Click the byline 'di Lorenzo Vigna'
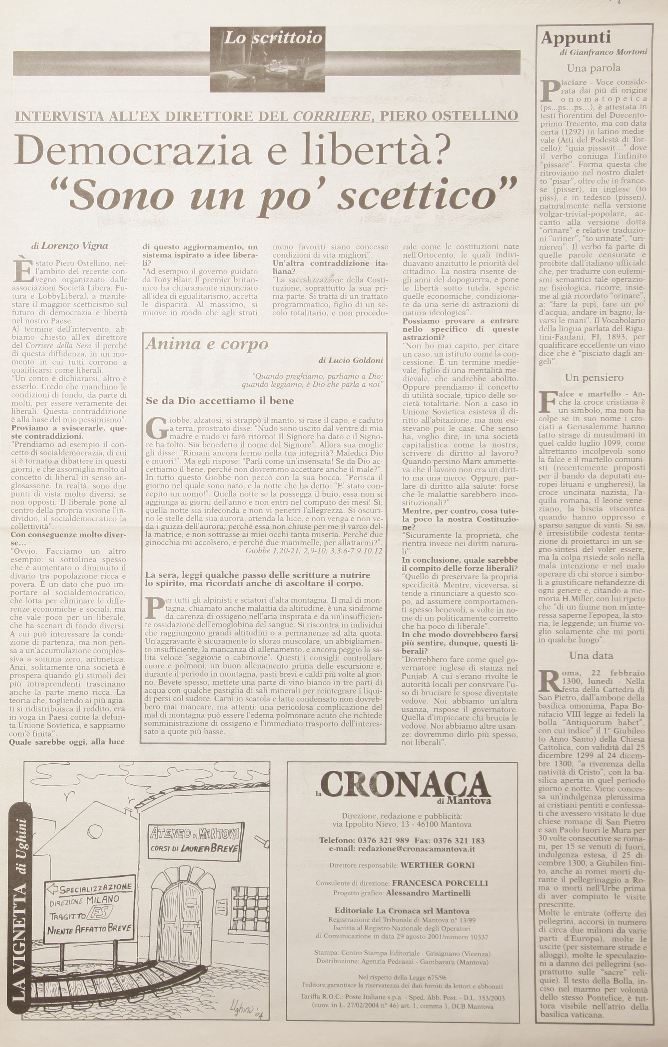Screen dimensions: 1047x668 pos(70,246)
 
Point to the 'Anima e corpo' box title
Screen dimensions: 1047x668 pos(207,344)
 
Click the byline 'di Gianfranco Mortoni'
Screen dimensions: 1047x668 pos(604,52)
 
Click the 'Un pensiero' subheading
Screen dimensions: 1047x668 pos(594,377)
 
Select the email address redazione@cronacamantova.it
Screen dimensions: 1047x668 pos(415,849)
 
